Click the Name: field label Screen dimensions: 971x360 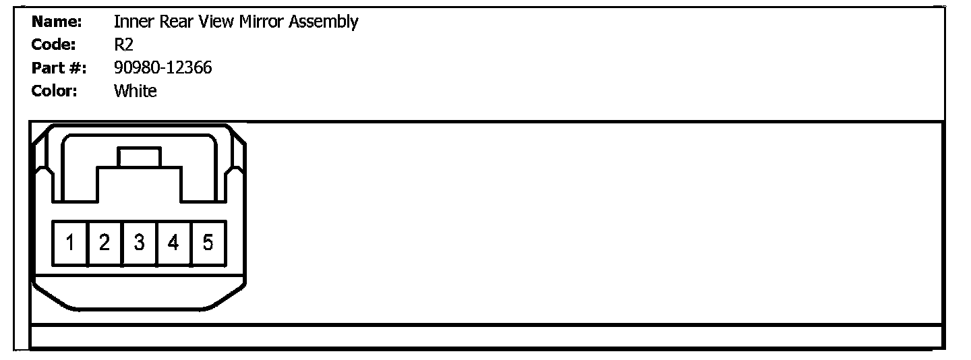(x=57, y=22)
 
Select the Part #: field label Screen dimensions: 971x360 (x=59, y=68)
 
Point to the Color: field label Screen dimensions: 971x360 (x=54, y=91)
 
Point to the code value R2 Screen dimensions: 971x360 (x=123, y=45)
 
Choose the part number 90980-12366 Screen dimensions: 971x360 (x=163, y=68)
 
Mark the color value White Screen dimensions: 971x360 (x=135, y=91)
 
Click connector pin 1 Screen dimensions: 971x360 (x=70, y=243)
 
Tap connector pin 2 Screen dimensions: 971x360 (x=105, y=243)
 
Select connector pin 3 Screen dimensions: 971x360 (x=139, y=243)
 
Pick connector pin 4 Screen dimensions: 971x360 (x=173, y=243)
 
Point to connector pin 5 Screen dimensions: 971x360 (x=208, y=243)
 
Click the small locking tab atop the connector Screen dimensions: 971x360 (x=140, y=158)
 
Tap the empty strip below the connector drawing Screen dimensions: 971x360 (x=486, y=336)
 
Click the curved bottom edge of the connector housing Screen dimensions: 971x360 (x=140, y=309)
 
